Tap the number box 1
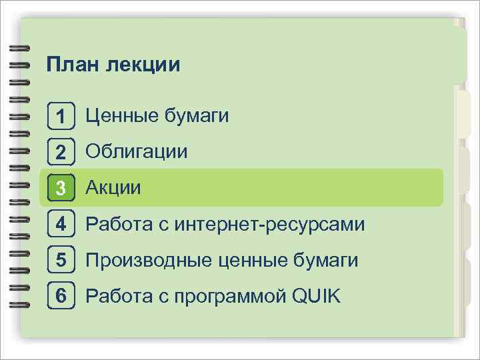(x=61, y=117)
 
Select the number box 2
(x=61, y=153)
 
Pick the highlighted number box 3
(x=61, y=189)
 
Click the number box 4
(x=61, y=225)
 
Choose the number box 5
(x=61, y=261)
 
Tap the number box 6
(x=61, y=296)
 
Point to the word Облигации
(x=137, y=152)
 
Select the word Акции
(x=113, y=188)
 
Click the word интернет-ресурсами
(x=269, y=225)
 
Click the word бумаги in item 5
(x=327, y=261)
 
